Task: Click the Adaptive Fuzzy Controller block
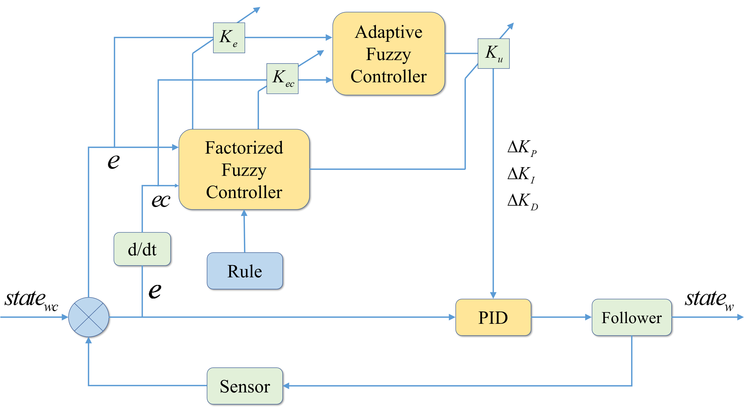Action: (388, 54)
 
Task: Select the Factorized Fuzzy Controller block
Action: (244, 169)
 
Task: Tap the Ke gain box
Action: (229, 38)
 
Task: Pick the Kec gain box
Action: (282, 78)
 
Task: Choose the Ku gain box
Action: (494, 54)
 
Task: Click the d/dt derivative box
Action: (142, 249)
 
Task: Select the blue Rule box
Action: (245, 271)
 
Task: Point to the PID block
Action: (493, 317)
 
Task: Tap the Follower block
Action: (631, 317)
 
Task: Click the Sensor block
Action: (245, 386)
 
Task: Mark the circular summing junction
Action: (89, 317)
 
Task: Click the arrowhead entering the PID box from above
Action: (493, 295)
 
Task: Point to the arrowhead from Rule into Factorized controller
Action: (244, 213)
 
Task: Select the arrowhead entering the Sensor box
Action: (286, 386)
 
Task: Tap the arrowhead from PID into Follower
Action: (588, 317)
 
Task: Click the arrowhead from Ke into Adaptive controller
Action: (329, 38)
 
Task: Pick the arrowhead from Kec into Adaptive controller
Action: (329, 80)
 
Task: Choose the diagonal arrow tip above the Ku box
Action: (511, 26)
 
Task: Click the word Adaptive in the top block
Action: (388, 32)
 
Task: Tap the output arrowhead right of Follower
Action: (740, 317)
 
